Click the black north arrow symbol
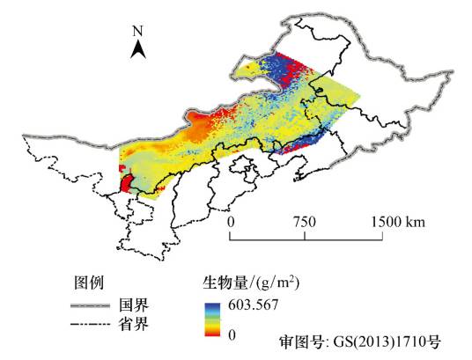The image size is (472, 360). click(138, 49)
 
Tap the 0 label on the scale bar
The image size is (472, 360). click(231, 222)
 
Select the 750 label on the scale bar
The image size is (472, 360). click(305, 222)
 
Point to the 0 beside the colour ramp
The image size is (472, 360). click(232, 334)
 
